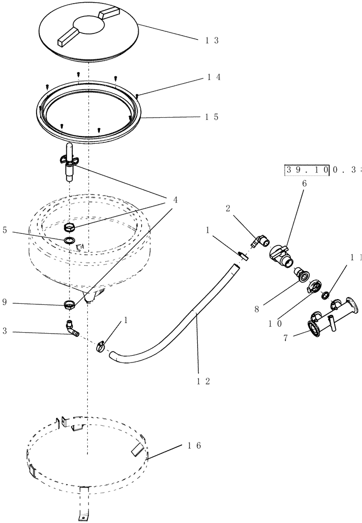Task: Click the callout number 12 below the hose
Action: coord(203,381)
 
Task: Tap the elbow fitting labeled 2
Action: coord(260,241)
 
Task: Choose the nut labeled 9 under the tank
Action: coord(69,304)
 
